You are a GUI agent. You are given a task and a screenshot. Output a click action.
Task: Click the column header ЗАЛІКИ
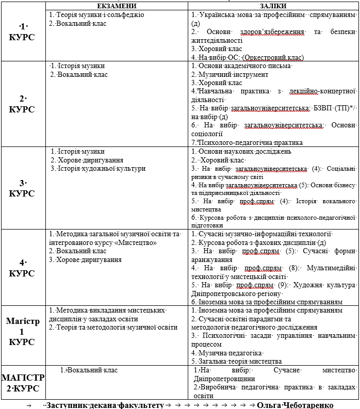click(x=274, y=5)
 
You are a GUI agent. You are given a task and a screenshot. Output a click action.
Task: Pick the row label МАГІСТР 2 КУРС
click(x=23, y=382)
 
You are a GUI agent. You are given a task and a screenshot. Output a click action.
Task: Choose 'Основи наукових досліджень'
click(x=241, y=152)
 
